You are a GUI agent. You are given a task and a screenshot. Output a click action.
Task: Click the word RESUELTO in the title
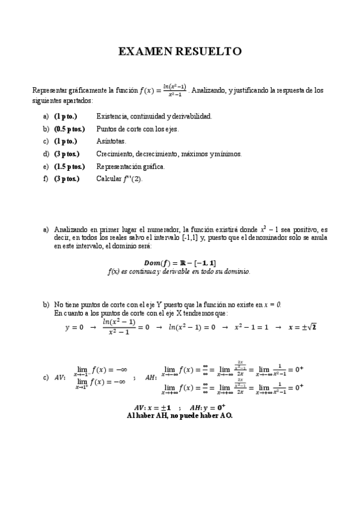pyautogui.click(x=209, y=52)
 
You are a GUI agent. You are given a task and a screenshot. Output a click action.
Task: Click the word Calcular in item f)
pyautogui.click(x=109, y=179)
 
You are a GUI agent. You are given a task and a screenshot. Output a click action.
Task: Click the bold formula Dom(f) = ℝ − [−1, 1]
pyautogui.click(x=180, y=263)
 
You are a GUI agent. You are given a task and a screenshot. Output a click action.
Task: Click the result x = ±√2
pyautogui.click(x=302, y=327)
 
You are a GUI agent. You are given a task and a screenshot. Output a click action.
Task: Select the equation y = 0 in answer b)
pyautogui.click(x=75, y=328)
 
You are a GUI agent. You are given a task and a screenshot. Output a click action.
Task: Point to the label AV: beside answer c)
pyautogui.click(x=60, y=378)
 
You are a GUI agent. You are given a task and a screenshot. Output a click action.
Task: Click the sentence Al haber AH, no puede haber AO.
pyautogui.click(x=180, y=415)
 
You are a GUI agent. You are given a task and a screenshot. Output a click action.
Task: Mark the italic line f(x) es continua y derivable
pyautogui.click(x=179, y=271)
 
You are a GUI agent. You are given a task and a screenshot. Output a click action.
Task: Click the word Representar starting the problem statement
pyautogui.click(x=52, y=90)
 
